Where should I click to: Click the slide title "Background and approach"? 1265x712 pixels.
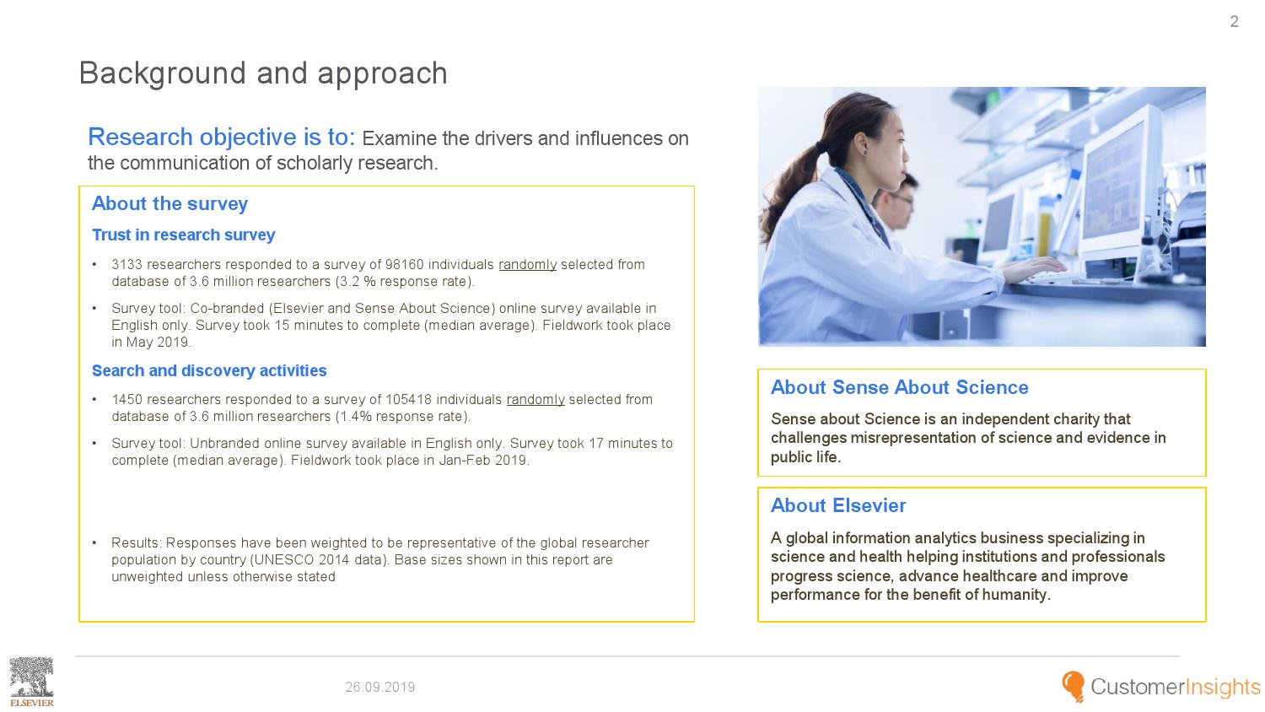pos(263,73)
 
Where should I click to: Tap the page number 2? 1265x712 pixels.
pos(1234,21)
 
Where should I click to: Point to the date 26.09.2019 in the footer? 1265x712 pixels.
pos(380,688)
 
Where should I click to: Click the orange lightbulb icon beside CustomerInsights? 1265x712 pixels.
pos(1073,686)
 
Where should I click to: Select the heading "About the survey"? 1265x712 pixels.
pos(170,203)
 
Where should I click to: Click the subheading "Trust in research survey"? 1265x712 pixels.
pos(184,235)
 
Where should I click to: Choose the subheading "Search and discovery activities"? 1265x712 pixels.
pos(209,370)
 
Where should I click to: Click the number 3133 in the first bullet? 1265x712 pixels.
pos(126,264)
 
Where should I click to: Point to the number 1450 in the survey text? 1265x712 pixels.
pos(127,400)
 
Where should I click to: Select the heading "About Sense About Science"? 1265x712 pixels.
pos(900,387)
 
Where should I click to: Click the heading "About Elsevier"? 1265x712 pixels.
pos(838,505)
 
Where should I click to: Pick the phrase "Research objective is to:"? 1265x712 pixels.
pos(221,138)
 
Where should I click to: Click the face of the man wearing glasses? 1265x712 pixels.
pos(899,203)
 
